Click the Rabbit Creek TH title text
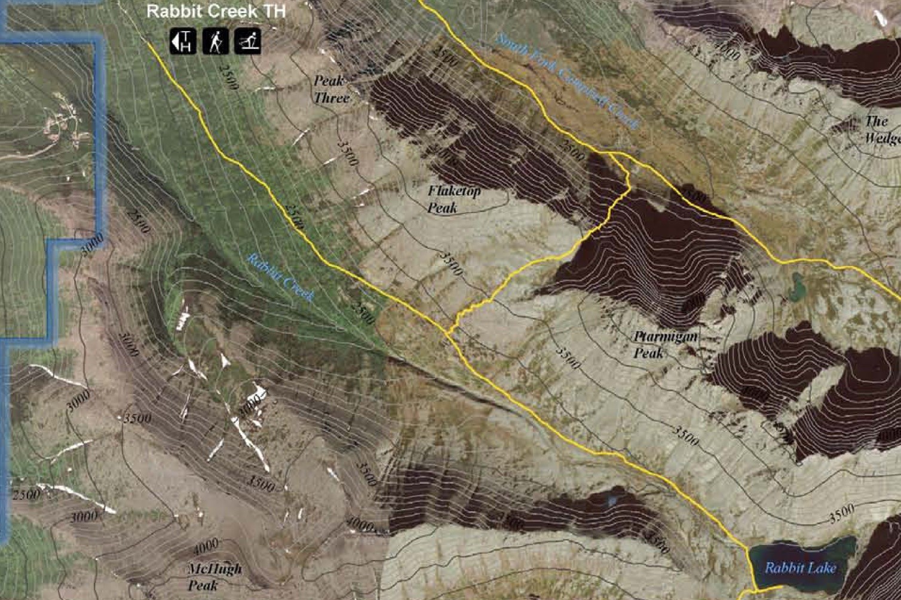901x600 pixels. point(216,11)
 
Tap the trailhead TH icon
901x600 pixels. point(183,41)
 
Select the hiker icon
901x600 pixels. point(215,41)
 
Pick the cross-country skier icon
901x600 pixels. point(247,41)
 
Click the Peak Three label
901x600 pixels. point(330,89)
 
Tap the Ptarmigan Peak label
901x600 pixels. point(664,345)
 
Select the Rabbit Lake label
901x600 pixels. point(800,568)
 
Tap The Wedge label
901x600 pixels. point(881,130)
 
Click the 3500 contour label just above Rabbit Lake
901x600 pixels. point(842,514)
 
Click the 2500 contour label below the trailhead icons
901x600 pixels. point(229,76)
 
